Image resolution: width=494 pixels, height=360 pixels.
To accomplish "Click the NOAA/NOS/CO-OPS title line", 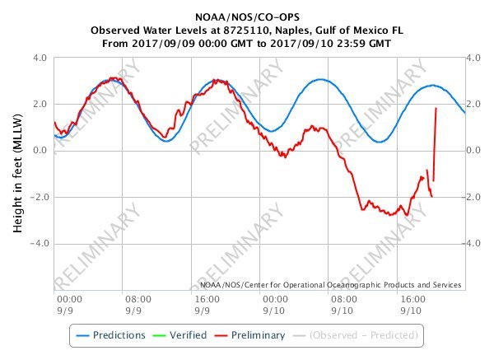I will [247, 16].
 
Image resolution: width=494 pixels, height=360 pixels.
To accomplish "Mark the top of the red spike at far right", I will [436, 108].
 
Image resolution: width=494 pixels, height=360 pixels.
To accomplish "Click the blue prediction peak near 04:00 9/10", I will [321, 80].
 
